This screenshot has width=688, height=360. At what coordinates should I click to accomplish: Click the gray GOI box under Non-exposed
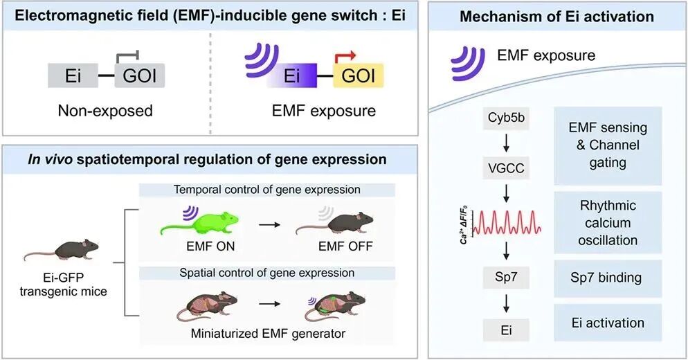[x=141, y=75]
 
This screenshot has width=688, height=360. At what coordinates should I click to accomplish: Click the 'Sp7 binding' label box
[x=608, y=278]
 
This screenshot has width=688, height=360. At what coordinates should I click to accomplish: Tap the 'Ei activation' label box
[x=608, y=323]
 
